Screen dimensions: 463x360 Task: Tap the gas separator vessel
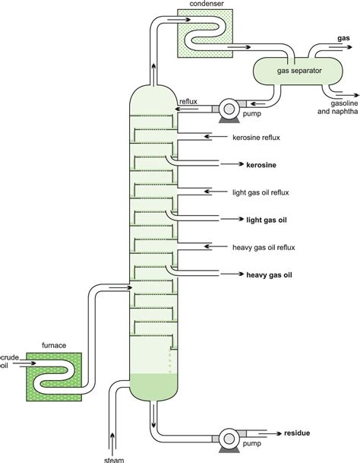coord(298,70)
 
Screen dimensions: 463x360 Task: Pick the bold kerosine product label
coord(261,163)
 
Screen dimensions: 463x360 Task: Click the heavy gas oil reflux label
coord(265,247)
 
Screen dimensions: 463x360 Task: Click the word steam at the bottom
coord(113,458)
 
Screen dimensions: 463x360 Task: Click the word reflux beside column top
coord(188,101)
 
